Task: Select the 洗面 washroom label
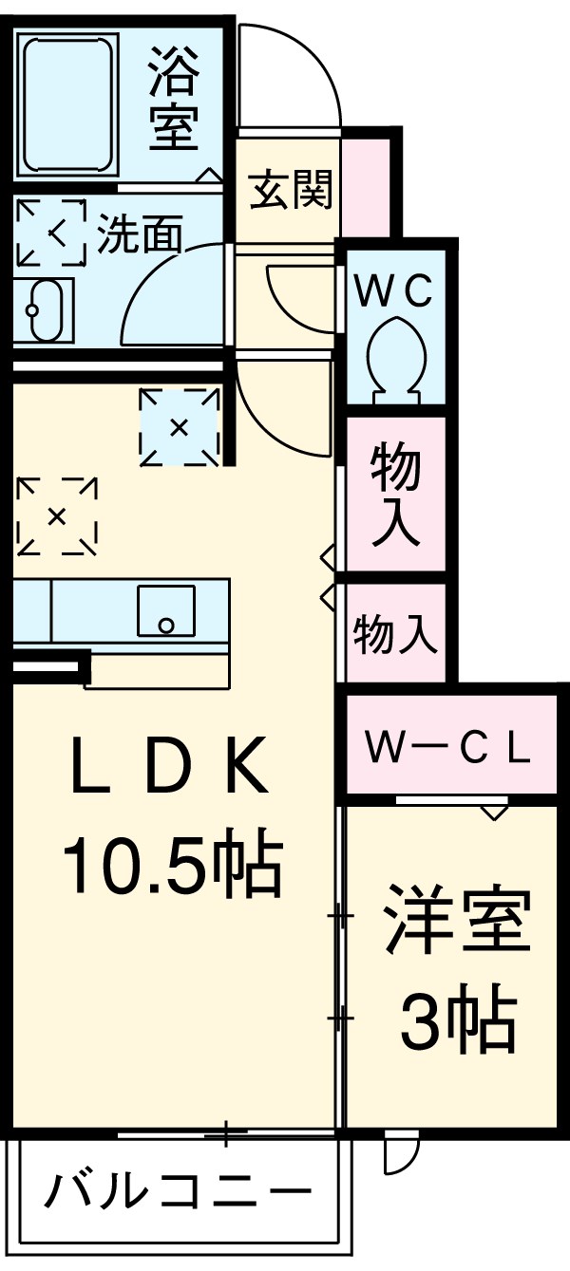pos(139,234)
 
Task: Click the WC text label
pos(393,290)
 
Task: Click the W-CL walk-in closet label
pos(448,748)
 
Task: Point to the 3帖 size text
pos(457,1021)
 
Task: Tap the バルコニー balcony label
pos(179,1188)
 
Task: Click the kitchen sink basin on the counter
pos(165,611)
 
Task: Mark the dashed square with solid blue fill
pos(179,427)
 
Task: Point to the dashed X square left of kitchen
pos(57,516)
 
